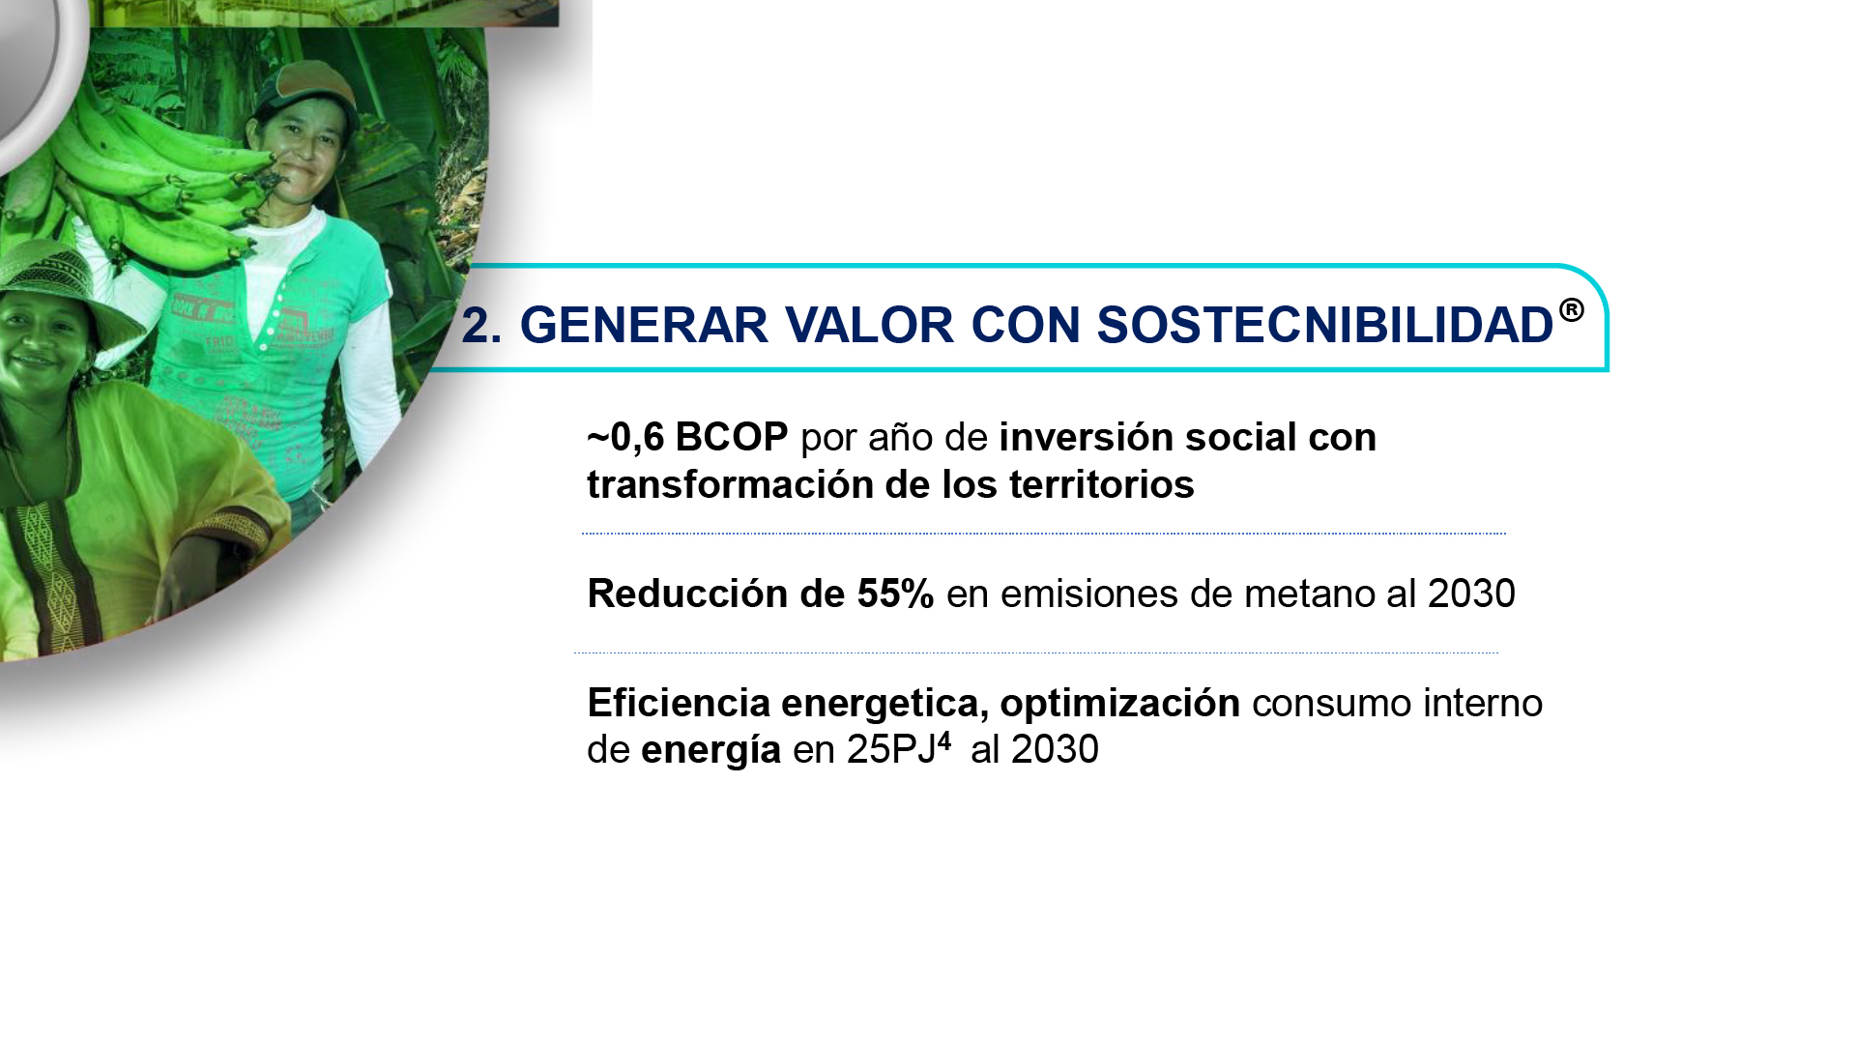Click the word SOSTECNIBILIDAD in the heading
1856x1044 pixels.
[x=1324, y=325]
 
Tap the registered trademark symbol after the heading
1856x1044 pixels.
[x=1572, y=309]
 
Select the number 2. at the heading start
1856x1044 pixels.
[x=481, y=325]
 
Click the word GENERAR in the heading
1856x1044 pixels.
[x=644, y=325]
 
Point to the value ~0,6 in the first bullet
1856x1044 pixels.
[x=625, y=437]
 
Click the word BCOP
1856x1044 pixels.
[x=732, y=437]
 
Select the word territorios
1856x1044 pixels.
[x=1102, y=484]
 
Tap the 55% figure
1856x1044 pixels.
[x=895, y=594]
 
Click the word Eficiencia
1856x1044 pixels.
[x=679, y=703]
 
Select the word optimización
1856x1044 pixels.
[x=1119, y=704]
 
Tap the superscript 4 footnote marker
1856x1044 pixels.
[x=944, y=740]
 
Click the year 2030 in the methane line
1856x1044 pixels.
[x=1471, y=594]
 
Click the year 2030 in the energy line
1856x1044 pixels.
[x=1055, y=749]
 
